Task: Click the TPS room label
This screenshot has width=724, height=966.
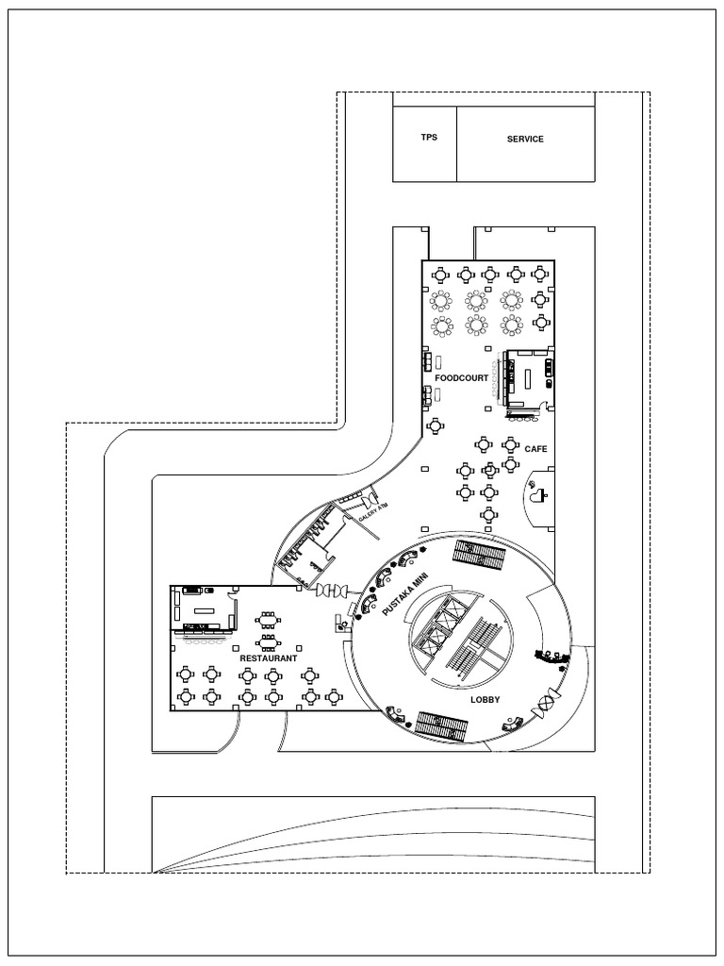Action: pyautogui.click(x=429, y=138)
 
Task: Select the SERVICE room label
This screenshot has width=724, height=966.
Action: pyautogui.click(x=525, y=140)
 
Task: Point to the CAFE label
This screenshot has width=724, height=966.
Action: pyautogui.click(x=535, y=449)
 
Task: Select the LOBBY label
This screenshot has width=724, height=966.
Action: pyautogui.click(x=484, y=699)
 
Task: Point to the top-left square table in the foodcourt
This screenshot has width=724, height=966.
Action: pyautogui.click(x=440, y=275)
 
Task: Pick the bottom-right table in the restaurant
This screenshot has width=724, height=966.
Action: pyautogui.click(x=334, y=697)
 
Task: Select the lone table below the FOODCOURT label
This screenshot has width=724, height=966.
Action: pyautogui.click(x=437, y=426)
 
